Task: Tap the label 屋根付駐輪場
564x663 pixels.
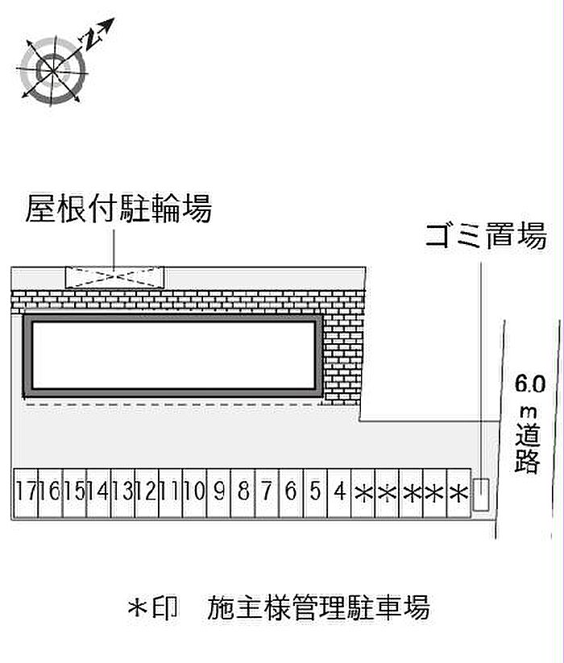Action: click(118, 209)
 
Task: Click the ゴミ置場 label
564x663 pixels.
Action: click(486, 237)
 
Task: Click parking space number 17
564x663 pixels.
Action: click(25, 491)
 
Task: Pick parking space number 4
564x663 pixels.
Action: click(339, 491)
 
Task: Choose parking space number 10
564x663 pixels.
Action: click(194, 491)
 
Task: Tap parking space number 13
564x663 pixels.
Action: click(122, 491)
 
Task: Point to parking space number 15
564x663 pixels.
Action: click(74, 491)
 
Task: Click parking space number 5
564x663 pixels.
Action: click(315, 491)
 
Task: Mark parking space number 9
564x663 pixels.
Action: click(218, 491)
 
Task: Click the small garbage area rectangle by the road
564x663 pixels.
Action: click(480, 494)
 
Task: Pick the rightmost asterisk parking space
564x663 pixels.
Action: click(458, 491)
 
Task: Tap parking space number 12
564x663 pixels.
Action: click(146, 491)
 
